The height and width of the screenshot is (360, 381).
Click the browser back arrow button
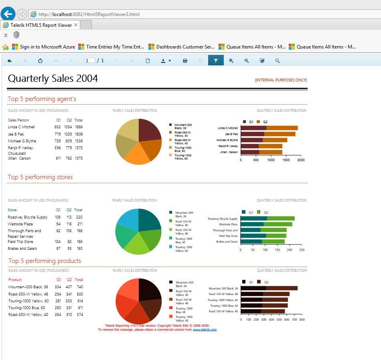coord(8,14)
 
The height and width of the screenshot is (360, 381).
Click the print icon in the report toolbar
coord(185,61)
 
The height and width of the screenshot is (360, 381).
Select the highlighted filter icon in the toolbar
coord(216,61)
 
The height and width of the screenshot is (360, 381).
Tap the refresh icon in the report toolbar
coord(40,61)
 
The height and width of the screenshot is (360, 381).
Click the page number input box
coord(90,61)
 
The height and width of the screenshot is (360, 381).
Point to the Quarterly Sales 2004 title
coord(53,79)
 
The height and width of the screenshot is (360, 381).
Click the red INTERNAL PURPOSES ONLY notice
coord(281,80)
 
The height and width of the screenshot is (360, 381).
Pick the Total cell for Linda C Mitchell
coord(79,127)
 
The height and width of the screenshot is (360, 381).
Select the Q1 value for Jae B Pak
coord(58,134)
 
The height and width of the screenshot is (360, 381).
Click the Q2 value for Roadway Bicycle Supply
coord(69,217)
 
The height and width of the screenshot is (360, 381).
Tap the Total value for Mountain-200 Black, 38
coord(80,287)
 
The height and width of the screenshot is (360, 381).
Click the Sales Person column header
coord(18,120)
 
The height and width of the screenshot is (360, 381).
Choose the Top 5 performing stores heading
coord(40,177)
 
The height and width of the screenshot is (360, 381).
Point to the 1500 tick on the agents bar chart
coord(286,160)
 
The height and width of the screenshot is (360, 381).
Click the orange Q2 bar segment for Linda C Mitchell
coord(282,128)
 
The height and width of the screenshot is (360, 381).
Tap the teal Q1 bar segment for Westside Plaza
coord(252,224)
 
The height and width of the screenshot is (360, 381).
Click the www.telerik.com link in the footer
coord(205,330)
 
